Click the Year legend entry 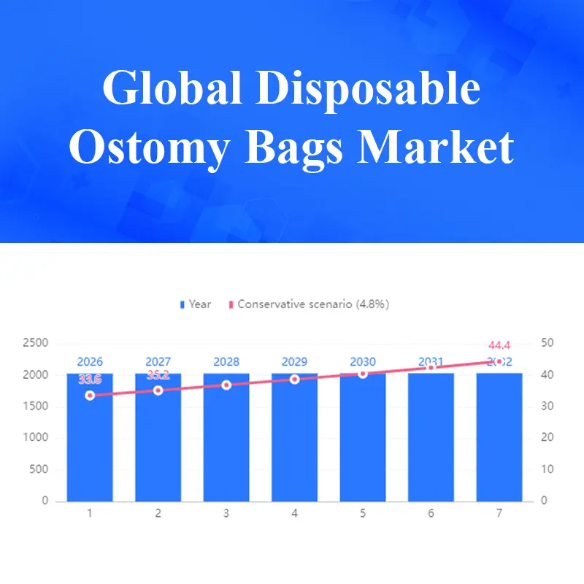[x=196, y=304]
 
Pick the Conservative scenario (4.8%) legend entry [x=310, y=304]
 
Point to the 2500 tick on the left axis [x=34, y=343]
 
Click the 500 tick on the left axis [x=39, y=469]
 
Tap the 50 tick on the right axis [x=547, y=343]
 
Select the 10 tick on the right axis [x=547, y=469]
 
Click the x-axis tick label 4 [x=294, y=513]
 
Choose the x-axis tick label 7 [x=499, y=513]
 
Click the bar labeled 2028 [x=226, y=438]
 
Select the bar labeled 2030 [x=363, y=438]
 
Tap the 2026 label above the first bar [x=90, y=361]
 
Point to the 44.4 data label [x=499, y=345]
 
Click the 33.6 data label [x=90, y=379]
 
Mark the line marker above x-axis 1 [x=90, y=396]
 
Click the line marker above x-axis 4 [x=294, y=380]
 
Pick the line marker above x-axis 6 [x=431, y=367]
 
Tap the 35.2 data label [x=158, y=375]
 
